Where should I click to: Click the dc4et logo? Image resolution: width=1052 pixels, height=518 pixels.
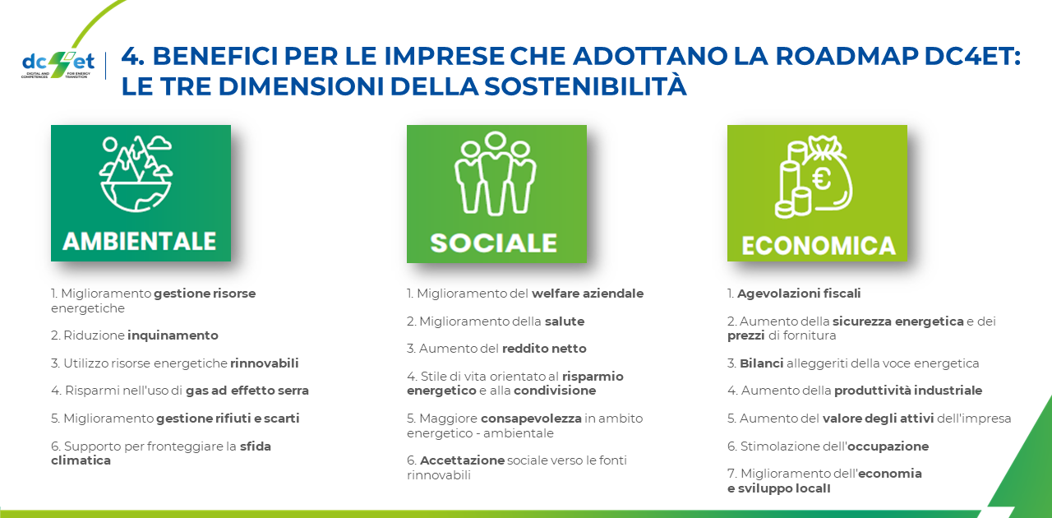coord(58,64)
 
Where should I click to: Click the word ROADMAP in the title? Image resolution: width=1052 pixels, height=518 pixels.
coord(846,56)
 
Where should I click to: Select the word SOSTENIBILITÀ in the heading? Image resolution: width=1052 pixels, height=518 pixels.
coord(585,86)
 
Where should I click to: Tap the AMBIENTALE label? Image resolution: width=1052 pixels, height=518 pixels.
coord(140,241)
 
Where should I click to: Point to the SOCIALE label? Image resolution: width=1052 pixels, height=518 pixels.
coord(494,243)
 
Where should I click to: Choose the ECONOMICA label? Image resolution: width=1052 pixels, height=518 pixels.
coord(819,246)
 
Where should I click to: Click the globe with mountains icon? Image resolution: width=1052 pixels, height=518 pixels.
coord(136,173)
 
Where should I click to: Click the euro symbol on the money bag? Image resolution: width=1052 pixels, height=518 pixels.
coord(822,179)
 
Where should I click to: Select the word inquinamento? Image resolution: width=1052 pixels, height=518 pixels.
coord(173,335)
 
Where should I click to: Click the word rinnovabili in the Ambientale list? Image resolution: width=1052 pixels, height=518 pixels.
coord(265,363)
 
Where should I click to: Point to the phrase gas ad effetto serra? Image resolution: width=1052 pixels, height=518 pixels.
coord(247,391)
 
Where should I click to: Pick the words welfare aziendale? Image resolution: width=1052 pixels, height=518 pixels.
coord(588,294)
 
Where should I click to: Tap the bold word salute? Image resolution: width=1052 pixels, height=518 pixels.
coord(565,321)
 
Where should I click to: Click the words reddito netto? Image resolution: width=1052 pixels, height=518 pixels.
coord(544,349)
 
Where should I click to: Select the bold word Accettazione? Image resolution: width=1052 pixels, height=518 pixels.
coord(462,460)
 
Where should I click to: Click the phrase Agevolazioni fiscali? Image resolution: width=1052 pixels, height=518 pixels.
coord(799,294)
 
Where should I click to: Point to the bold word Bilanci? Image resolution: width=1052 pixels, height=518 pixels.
coord(761,363)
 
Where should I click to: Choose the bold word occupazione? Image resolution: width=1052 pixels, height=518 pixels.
coord(888,446)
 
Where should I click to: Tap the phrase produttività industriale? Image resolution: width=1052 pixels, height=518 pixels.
coord(908,391)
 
